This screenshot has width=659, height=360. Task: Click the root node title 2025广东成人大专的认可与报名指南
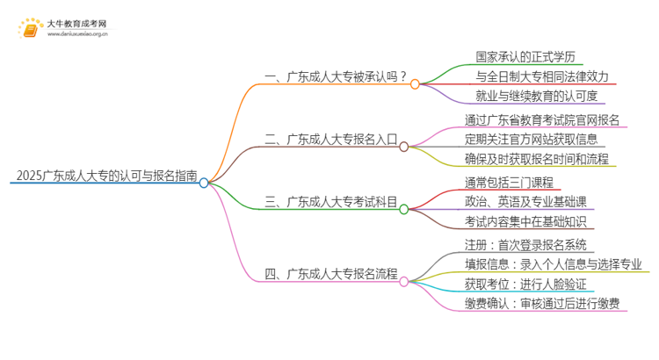click(105, 174)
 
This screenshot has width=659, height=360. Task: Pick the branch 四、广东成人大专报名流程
click(331, 273)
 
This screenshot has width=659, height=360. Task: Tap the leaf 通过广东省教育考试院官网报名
click(543, 119)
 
